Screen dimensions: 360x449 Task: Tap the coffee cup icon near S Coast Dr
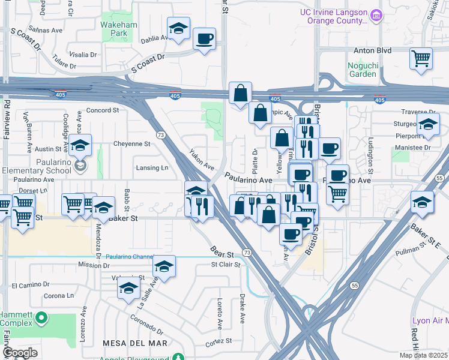point(204,39)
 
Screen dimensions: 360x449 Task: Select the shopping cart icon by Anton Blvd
point(421,59)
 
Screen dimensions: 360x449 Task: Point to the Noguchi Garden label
point(362,70)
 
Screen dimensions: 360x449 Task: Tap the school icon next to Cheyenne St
point(80,146)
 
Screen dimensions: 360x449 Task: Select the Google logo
point(20,353)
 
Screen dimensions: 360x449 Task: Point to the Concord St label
point(103,110)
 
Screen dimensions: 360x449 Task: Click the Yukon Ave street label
point(202,159)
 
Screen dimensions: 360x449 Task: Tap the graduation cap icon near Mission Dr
point(163,267)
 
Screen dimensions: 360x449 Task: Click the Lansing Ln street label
point(151,168)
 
